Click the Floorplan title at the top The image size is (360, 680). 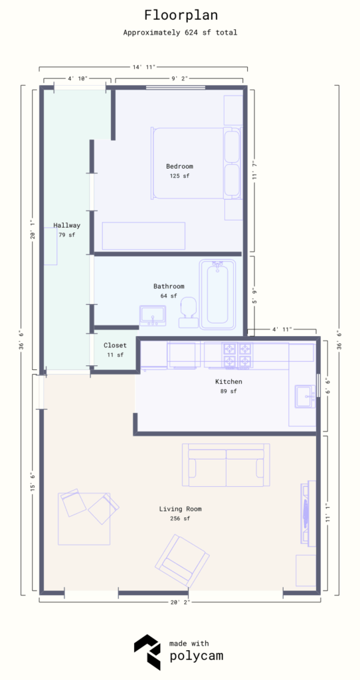coord(179,15)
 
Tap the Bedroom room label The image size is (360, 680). coord(179,166)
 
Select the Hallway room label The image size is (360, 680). coord(66,225)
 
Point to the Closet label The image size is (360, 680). coord(115,345)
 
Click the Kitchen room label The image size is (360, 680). coord(228,382)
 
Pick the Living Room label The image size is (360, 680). coord(180,509)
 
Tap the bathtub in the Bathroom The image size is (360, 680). coord(217,294)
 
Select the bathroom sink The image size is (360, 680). coord(153,316)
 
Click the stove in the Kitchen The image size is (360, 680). coord(237,355)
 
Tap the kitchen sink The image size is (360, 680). coord(306,396)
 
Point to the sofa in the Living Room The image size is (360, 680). coord(226,465)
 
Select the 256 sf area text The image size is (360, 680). coord(180,519)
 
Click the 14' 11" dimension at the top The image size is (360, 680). coord(143,66)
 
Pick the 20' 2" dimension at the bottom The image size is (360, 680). coord(180,603)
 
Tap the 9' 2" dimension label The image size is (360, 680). coord(179,78)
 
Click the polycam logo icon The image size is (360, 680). coord(147,652)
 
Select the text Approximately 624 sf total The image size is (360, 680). coord(179,32)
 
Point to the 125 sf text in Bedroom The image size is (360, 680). coord(179,176)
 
